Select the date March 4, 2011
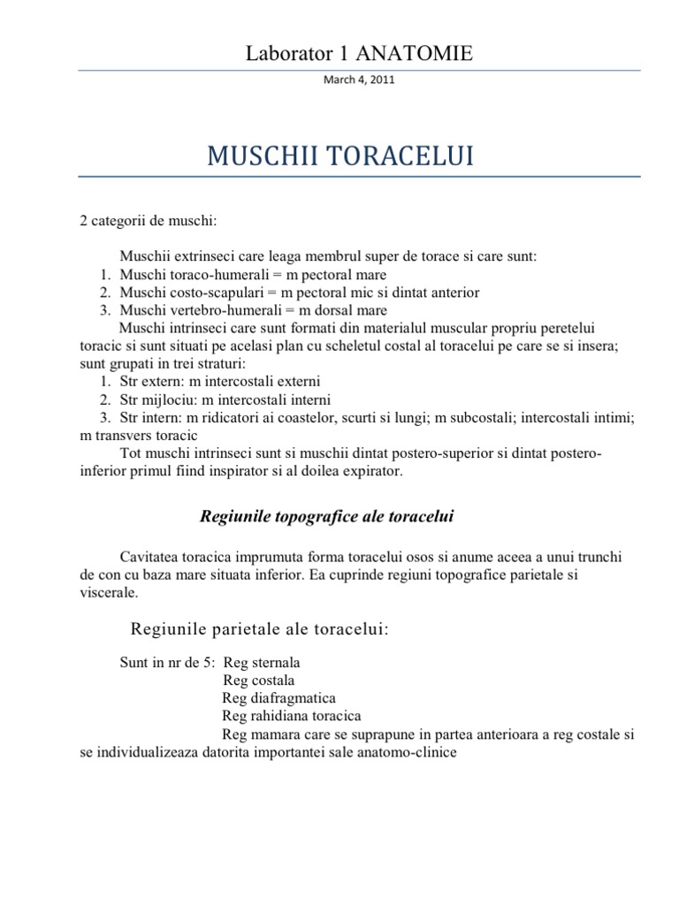pyautogui.click(x=360, y=80)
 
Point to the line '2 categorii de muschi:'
pyautogui.click(x=141, y=220)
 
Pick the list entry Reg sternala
pyautogui.click(x=263, y=663)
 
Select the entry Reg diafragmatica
pyautogui.click(x=279, y=698)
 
